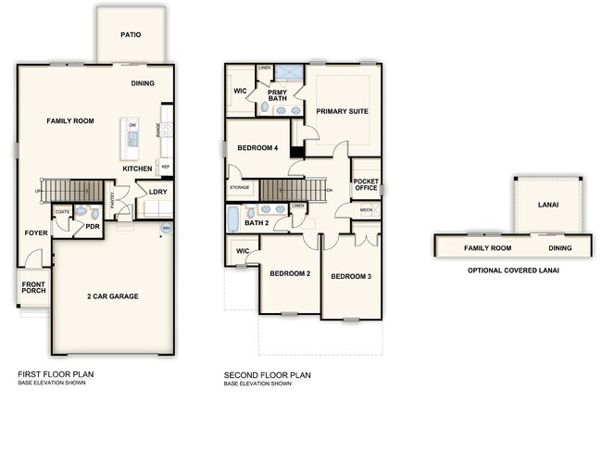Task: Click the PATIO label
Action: pos(132,34)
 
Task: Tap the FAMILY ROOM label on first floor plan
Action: pos(70,121)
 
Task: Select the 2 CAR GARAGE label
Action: pos(112,295)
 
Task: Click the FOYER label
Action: pos(35,232)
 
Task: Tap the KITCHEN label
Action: pos(138,169)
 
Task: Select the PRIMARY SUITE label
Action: pos(342,111)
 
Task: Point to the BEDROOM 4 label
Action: pos(258,148)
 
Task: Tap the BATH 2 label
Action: pos(256,223)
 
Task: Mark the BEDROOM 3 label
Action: pos(351,276)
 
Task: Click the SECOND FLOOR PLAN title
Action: pos(267,375)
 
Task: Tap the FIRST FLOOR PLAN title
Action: pos(56,375)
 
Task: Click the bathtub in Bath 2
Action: pos(234,220)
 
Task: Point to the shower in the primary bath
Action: pos(288,71)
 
